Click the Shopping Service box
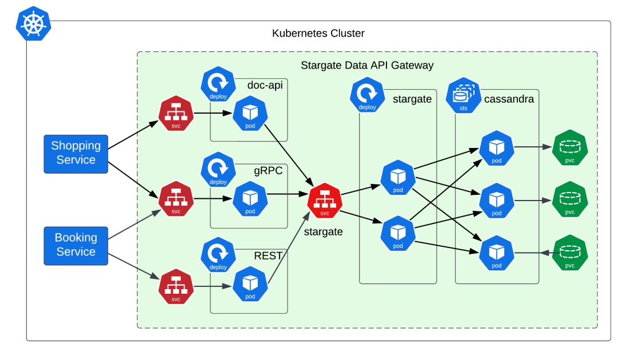tap(76, 153)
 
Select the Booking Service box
tap(76, 245)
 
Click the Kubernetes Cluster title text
tap(318, 33)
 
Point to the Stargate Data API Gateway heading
tap(367, 65)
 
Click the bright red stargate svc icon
tap(325, 201)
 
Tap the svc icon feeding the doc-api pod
tap(176, 114)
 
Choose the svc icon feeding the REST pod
tap(176, 287)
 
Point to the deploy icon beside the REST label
tap(218, 255)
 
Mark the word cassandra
tap(509, 99)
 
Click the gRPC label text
tap(268, 170)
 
